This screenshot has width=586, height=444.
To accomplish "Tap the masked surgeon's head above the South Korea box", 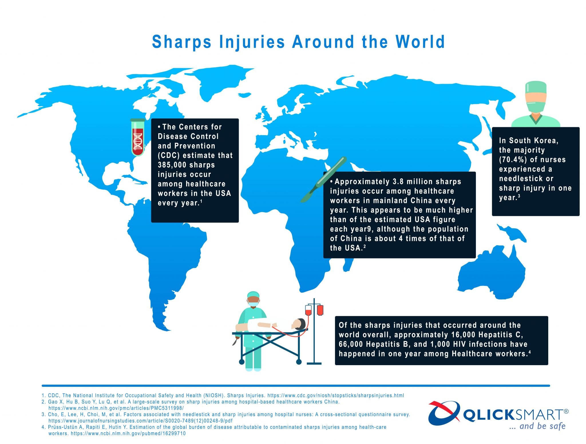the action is tap(535, 97).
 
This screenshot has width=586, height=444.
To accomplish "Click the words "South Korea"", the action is tap(533, 140).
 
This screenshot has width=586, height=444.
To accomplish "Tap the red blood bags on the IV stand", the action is tap(314, 310).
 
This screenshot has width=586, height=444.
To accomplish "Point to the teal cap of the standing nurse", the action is tap(253, 294).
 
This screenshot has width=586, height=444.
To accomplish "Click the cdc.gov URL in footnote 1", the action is tap(336, 395).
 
